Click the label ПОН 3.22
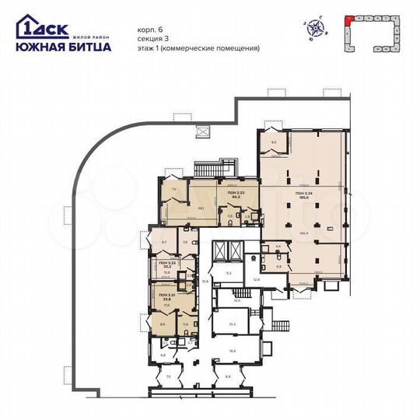[164, 263]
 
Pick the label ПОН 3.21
[164, 296]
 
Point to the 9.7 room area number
[164, 243]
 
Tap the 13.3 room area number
[233, 324]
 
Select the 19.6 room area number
[233, 351]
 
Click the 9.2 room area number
[229, 273]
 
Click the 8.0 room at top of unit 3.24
[275, 142]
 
